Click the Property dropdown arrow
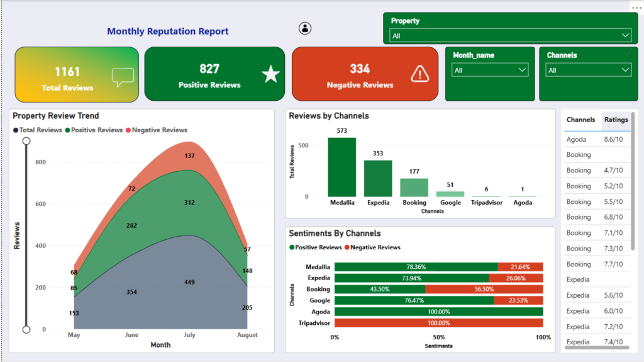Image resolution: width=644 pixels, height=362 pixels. point(625,35)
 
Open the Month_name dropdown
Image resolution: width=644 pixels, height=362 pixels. point(489,70)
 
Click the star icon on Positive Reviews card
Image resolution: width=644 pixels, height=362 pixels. point(270,74)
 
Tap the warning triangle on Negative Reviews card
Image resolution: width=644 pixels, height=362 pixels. point(419,74)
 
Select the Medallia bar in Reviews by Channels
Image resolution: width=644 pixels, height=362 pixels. point(341,167)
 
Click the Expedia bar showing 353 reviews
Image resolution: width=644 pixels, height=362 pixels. point(378,179)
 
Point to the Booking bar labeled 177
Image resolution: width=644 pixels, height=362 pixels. point(414,188)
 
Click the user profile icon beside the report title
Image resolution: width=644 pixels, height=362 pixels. point(305,28)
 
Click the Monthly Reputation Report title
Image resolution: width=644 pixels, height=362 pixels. point(167,31)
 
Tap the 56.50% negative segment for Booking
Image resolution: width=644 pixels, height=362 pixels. point(484,289)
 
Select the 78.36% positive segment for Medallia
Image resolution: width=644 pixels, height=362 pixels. point(416,267)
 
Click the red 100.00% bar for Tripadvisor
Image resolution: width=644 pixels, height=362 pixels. point(438,323)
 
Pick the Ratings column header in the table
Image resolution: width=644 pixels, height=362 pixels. point(616,120)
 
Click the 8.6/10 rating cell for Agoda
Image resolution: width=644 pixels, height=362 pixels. point(613,140)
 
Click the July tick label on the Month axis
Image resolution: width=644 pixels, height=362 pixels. point(189,335)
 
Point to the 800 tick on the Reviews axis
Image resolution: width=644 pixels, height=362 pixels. point(41,162)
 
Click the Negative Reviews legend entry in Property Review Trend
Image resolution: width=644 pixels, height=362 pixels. point(157,130)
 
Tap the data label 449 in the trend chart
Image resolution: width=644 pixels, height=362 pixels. point(189,282)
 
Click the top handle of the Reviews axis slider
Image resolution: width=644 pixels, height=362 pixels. point(26,141)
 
